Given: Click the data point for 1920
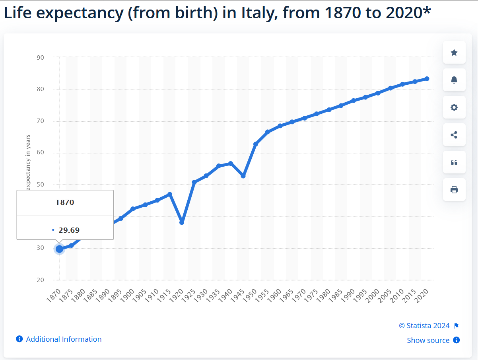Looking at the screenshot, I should click(x=182, y=222).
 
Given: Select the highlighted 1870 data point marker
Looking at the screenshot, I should click(x=59, y=249).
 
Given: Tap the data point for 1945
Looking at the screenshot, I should click(x=243, y=176).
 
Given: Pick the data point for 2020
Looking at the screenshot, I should click(x=427, y=79).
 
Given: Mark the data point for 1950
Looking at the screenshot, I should click(x=255, y=144).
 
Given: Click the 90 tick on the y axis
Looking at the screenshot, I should click(x=40, y=57).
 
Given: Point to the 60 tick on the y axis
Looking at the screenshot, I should click(x=40, y=153).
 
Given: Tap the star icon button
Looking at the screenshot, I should click(x=454, y=53).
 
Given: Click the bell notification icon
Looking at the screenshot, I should click(x=454, y=80).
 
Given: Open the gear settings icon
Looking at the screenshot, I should click(x=454, y=107).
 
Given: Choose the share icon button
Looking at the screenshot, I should click(x=454, y=135).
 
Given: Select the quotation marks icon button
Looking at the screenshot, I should click(x=454, y=162).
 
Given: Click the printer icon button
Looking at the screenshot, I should click(x=454, y=190).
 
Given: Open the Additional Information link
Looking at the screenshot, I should click(x=64, y=339).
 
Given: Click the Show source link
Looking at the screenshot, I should click(x=428, y=340).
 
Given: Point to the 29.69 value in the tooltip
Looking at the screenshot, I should click(x=69, y=230).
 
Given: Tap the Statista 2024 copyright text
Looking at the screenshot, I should click(x=424, y=326).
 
